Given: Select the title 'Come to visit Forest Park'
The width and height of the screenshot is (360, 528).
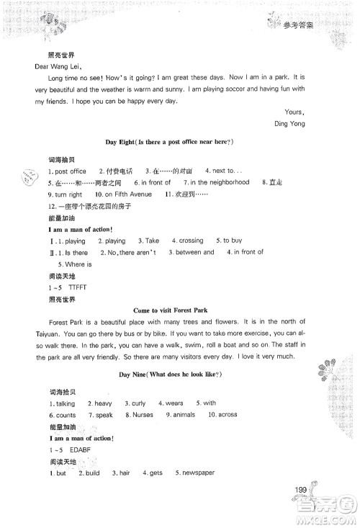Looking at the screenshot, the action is [x=171, y=309].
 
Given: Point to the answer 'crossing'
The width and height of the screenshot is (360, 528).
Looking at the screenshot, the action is [x=191, y=240].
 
